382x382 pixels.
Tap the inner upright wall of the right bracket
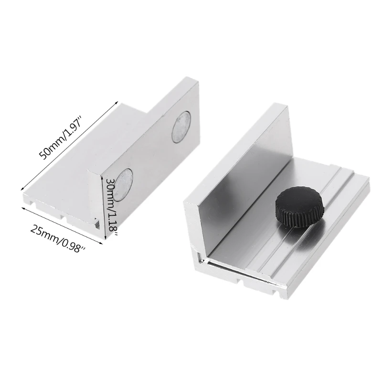pos(244,177)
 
